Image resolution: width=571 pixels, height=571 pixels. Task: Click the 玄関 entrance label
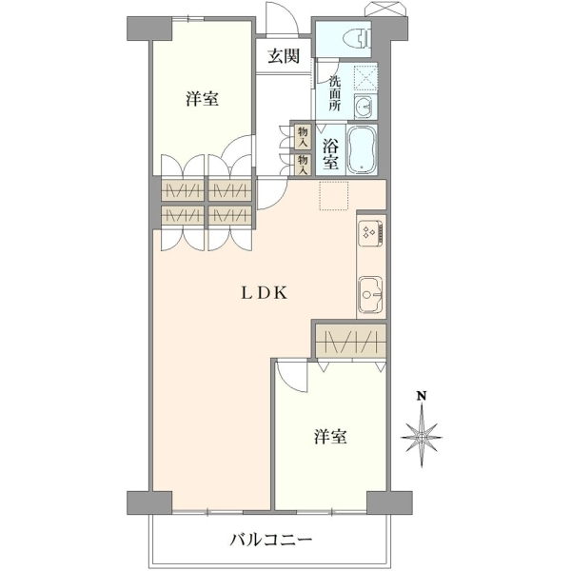tap(284, 56)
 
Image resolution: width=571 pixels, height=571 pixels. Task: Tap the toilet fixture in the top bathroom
tap(357, 37)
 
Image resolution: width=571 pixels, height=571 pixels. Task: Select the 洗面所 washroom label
tap(334, 93)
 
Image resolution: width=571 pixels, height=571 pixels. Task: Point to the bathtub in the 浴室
tap(363, 149)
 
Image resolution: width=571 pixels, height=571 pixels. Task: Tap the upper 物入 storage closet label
tap(303, 136)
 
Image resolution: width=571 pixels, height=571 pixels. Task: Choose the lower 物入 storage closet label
tap(303, 165)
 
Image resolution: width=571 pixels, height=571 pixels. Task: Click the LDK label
tap(265, 293)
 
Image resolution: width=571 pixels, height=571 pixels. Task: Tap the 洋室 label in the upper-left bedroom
tap(202, 99)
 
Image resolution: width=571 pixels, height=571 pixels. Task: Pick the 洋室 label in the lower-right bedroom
tap(330, 436)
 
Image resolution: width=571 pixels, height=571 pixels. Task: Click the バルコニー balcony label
tap(271, 540)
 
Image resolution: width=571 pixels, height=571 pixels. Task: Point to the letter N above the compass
tap(422, 396)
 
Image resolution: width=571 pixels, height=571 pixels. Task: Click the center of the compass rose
tap(422, 437)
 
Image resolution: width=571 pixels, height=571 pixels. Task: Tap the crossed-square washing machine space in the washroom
tap(365, 77)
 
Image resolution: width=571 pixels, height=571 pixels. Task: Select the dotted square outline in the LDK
tap(334, 195)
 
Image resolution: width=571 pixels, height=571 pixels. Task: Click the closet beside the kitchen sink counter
tap(350, 342)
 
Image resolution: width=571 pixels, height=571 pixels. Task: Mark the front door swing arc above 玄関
tap(283, 18)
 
